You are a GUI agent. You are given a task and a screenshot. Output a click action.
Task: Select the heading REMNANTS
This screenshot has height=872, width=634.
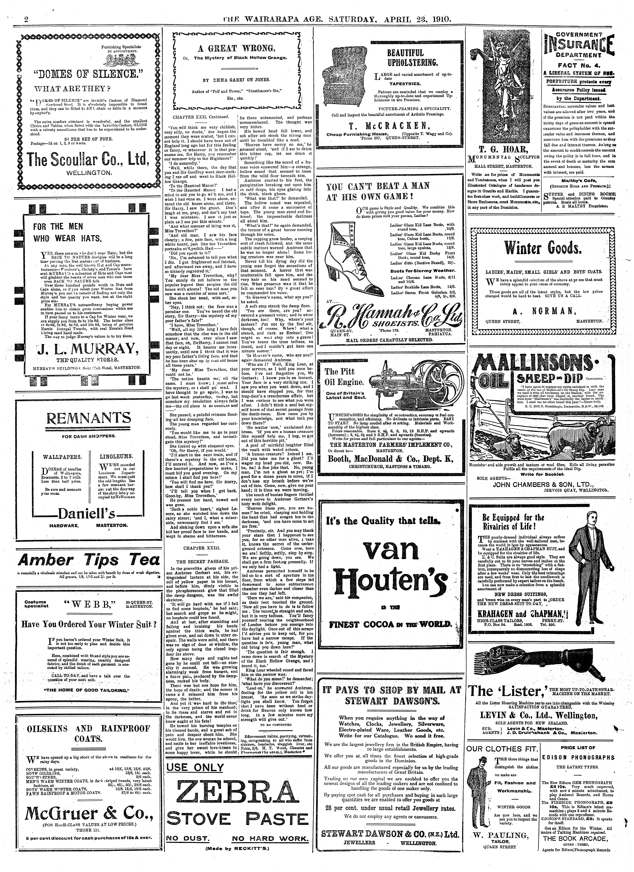tap(88, 418)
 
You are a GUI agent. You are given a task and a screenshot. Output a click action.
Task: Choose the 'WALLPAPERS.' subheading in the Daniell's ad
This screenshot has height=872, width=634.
tap(62, 458)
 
